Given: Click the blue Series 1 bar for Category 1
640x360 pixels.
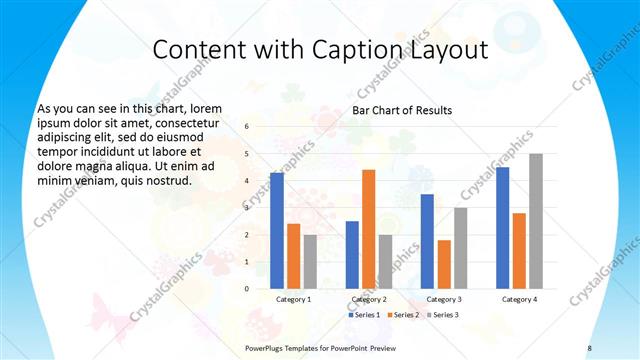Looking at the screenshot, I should point(277,230).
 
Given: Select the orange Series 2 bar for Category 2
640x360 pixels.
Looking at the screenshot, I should point(368,229).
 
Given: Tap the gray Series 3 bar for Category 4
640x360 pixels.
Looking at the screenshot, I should point(536,221).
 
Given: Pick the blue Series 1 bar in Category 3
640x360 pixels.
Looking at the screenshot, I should point(427,241).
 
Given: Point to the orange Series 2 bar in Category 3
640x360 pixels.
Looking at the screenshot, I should point(444,264).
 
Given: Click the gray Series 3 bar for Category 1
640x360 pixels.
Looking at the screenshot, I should point(310,261).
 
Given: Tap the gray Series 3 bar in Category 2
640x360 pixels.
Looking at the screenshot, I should point(385,261).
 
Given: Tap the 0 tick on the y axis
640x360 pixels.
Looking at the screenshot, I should point(247,288).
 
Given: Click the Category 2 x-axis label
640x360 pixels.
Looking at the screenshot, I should point(369,299).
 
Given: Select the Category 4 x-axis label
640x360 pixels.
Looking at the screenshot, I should point(519,299).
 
